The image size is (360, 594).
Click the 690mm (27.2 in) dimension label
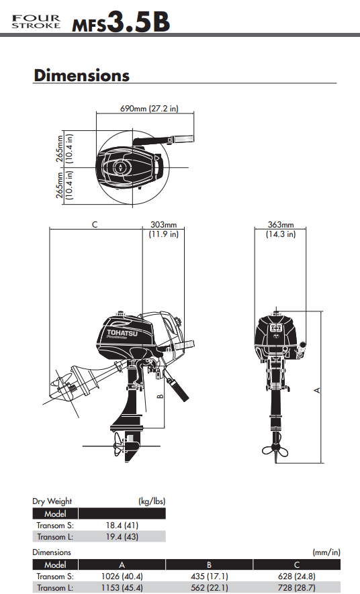(x=149, y=108)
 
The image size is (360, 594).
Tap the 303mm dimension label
(x=163, y=225)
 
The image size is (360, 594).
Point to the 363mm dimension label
(x=281, y=225)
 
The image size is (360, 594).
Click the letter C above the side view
(x=95, y=224)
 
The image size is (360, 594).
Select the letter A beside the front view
(x=318, y=390)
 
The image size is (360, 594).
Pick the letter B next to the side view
(x=161, y=396)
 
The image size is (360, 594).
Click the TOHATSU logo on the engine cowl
(x=122, y=333)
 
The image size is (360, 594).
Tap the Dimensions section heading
(x=81, y=75)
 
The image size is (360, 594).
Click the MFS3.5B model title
(x=121, y=22)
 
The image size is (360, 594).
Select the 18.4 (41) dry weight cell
(x=122, y=526)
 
